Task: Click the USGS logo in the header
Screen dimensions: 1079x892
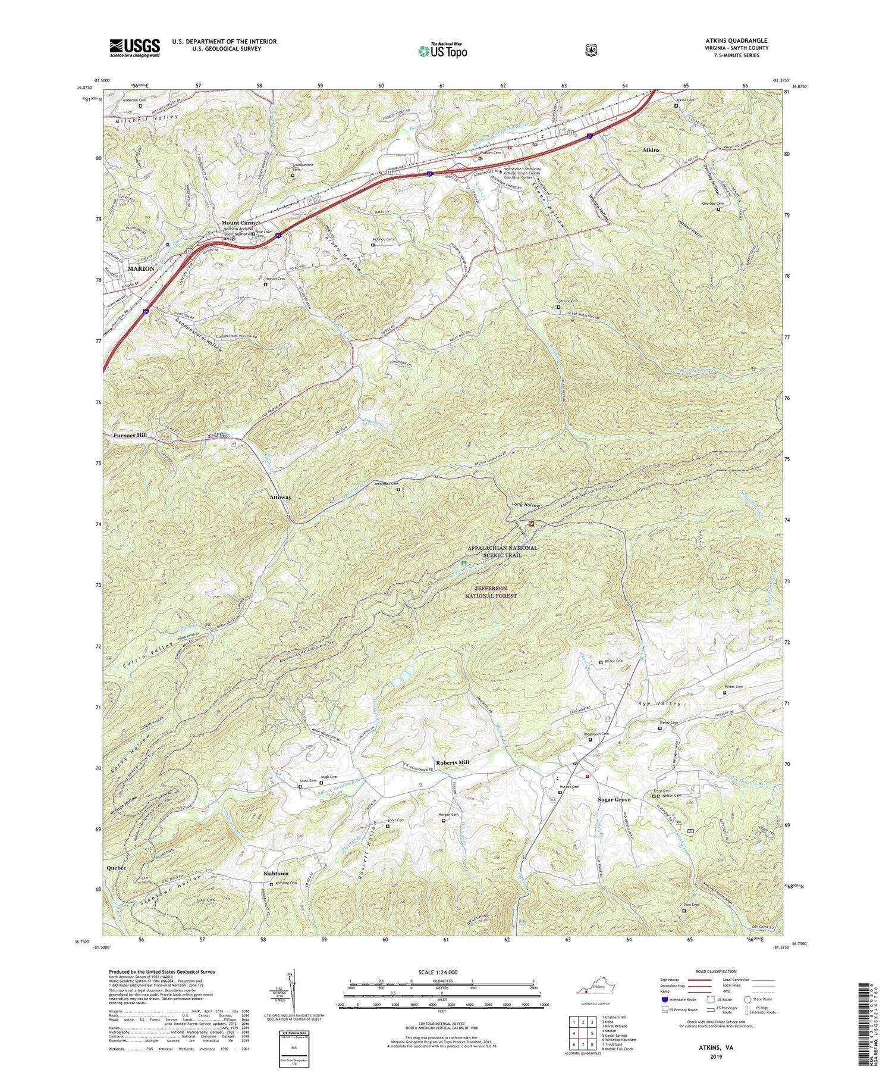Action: tap(134, 48)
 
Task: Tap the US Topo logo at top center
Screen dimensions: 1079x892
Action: tap(442, 51)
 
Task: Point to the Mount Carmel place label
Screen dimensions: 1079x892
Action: tap(241, 223)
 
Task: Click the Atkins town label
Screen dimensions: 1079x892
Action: tap(651, 150)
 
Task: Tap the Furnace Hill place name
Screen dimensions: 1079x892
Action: tap(130, 435)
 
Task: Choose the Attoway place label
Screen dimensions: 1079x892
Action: tap(280, 497)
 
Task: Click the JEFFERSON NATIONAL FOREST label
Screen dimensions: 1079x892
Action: tap(491, 592)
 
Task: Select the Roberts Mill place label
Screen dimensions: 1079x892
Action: tap(453, 762)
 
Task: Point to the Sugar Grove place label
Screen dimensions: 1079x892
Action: tap(614, 799)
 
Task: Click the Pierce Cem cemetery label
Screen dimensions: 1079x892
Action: tap(614, 661)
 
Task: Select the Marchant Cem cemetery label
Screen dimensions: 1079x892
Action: tap(387, 484)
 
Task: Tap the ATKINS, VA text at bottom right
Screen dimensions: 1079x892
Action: tap(716, 1064)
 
